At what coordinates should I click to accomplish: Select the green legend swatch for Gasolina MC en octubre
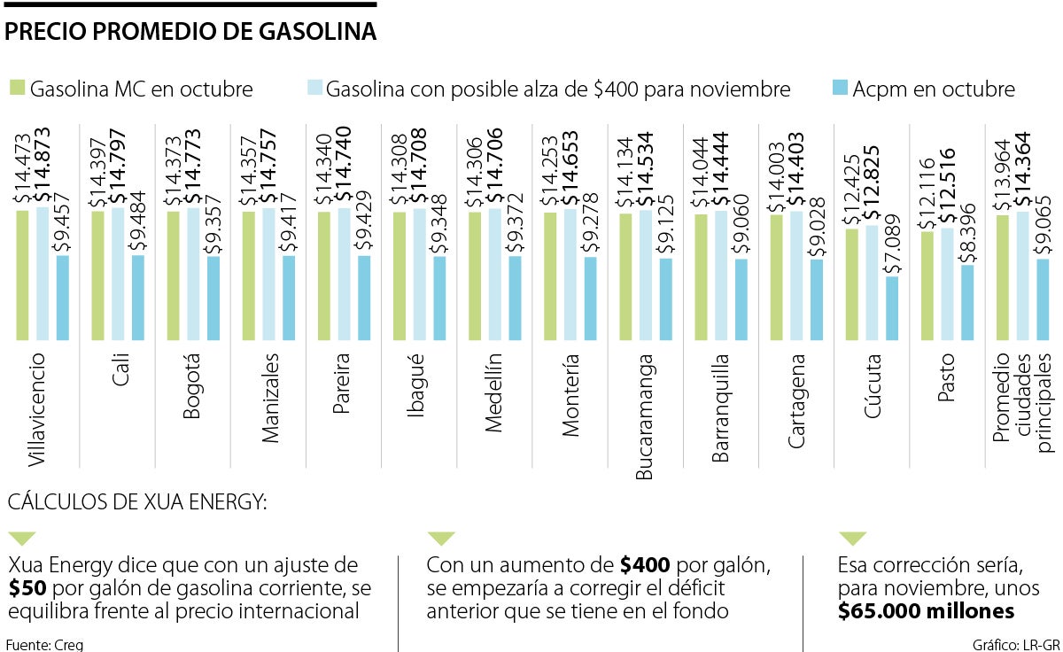click(x=16, y=89)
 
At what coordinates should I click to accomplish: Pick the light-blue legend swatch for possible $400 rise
click(x=314, y=89)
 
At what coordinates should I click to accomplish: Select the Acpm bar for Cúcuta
click(x=892, y=308)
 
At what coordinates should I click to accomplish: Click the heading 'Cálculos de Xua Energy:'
click(x=136, y=503)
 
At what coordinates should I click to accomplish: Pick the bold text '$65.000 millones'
click(x=926, y=611)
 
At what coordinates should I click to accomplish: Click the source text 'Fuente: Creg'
click(x=44, y=644)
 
